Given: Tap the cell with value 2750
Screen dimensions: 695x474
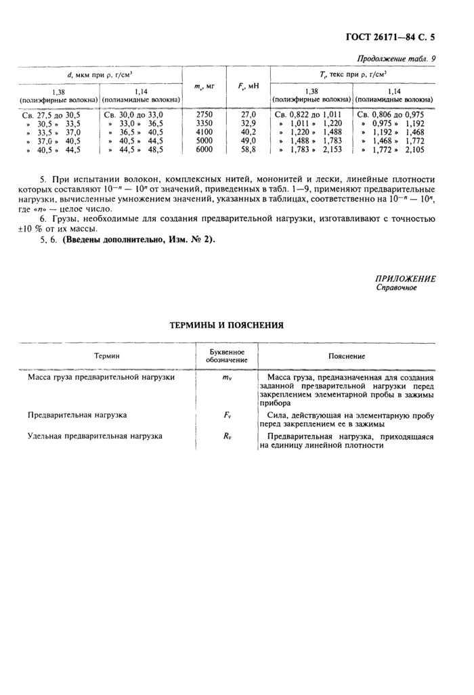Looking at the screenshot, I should coord(204,114).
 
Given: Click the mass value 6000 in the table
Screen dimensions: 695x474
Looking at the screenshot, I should coord(204,150).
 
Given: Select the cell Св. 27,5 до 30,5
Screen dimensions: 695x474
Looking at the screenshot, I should coord(51,115).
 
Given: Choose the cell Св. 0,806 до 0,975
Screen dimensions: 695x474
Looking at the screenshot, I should coord(390,115).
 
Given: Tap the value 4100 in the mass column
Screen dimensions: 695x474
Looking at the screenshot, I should coord(204,132).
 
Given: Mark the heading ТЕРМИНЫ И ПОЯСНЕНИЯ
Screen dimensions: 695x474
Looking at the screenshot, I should coord(225,325).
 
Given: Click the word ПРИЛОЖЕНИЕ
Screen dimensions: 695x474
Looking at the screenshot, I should coord(406,279).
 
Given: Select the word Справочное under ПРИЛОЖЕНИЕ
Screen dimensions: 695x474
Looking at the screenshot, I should coord(396,288).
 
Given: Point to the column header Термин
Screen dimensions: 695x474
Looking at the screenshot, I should coord(106,355).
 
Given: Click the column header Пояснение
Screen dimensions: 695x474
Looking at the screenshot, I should coord(346,355).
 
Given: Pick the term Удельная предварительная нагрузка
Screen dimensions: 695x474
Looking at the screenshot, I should coord(95,436).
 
